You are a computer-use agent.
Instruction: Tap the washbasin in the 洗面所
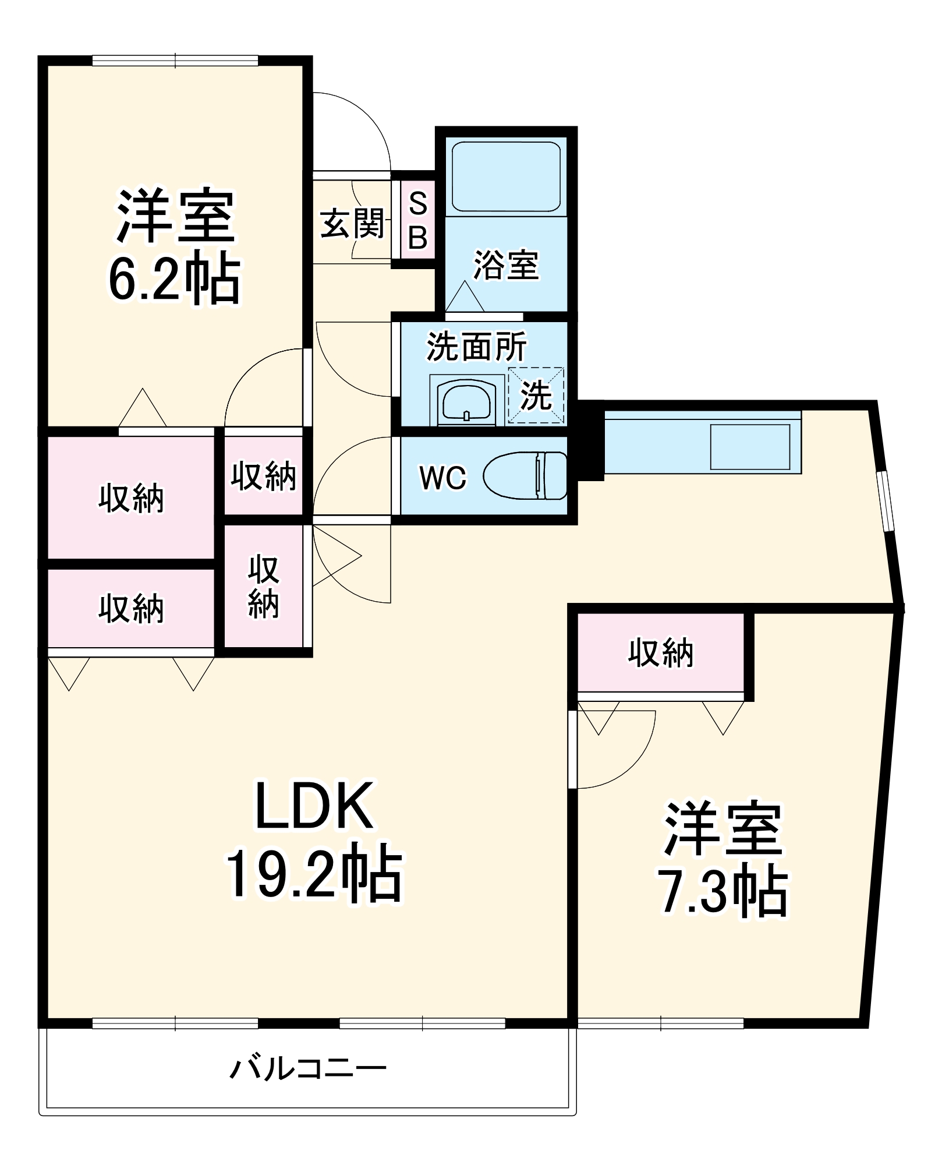[466, 402]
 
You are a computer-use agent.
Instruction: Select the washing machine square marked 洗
[536, 396]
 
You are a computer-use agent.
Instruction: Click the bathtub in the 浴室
[506, 176]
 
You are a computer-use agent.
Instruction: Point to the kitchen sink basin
[750, 447]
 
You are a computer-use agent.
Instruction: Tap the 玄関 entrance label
[352, 224]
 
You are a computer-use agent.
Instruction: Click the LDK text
[314, 807]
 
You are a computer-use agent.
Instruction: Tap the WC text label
[442, 478]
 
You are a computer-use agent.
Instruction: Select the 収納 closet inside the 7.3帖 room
[661, 652]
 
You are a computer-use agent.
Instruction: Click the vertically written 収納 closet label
[264, 587]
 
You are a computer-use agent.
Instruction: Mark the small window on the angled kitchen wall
[887, 502]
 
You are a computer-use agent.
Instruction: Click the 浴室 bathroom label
[505, 265]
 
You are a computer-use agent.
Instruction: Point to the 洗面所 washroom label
[476, 347]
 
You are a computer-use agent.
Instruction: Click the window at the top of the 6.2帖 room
[175, 60]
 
